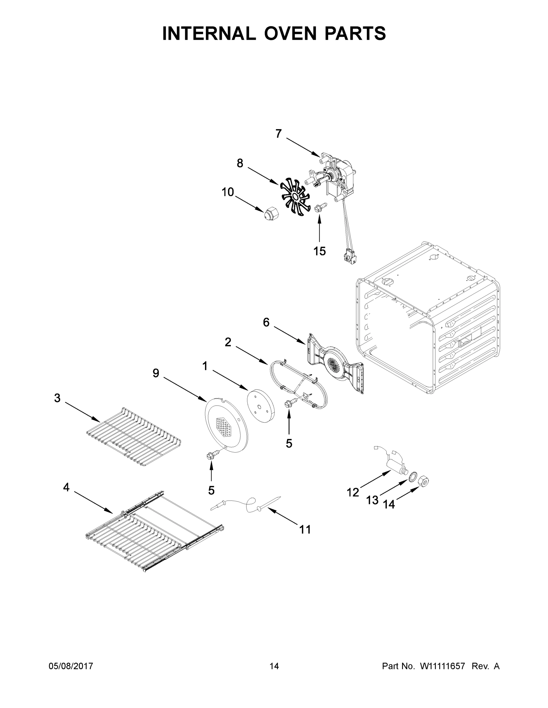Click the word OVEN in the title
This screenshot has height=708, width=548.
tap(290, 33)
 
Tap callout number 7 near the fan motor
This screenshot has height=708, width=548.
tap(278, 134)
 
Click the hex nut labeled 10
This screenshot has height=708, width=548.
tap(269, 214)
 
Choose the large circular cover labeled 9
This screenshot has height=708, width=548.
tap(226, 426)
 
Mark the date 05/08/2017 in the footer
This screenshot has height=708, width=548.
tap(71, 666)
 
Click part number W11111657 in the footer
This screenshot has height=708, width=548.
tap(443, 666)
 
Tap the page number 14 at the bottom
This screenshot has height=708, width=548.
tap(274, 666)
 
